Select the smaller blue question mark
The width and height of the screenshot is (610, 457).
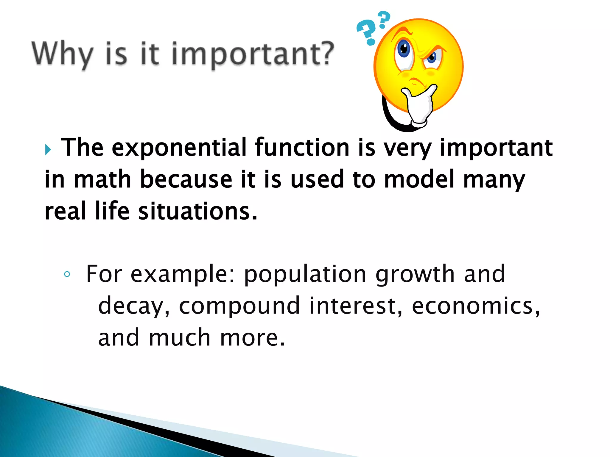tap(384, 19)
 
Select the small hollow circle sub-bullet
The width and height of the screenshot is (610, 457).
tap(67, 274)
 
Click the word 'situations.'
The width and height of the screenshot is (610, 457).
tap(197, 211)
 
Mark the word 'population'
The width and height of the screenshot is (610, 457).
tap(305, 274)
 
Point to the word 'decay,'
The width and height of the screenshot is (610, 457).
tap(134, 306)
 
